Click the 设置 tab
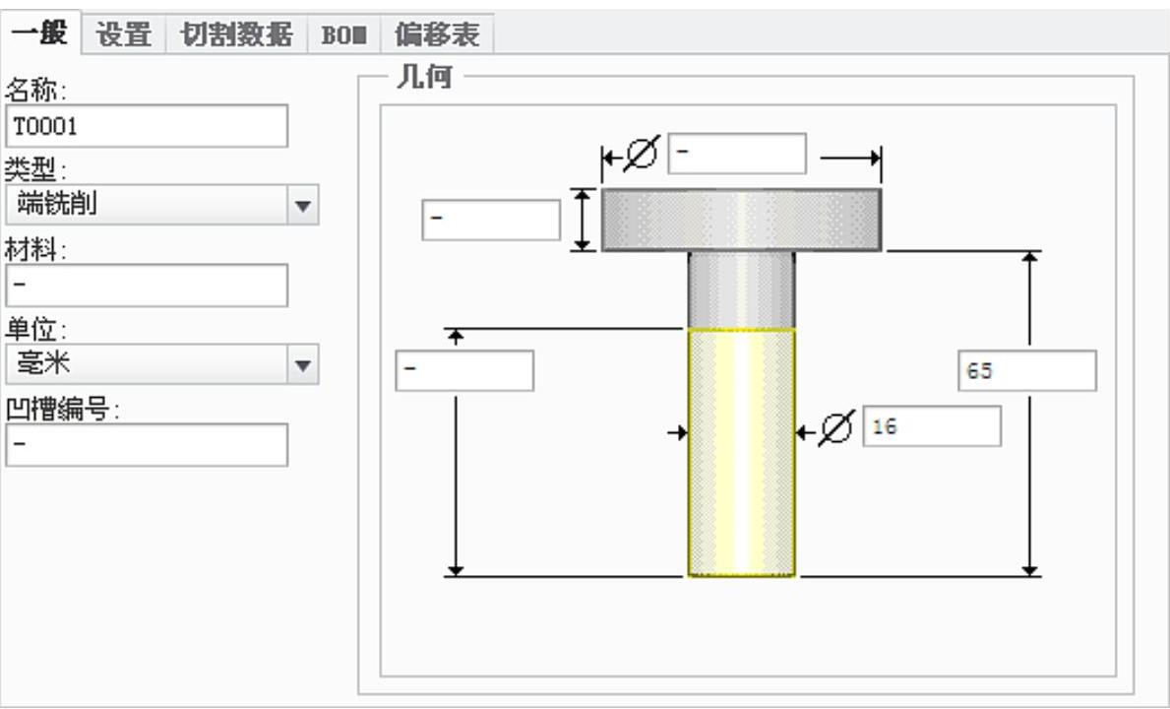[x=124, y=34]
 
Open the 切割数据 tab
[x=236, y=34]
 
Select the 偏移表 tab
[x=437, y=34]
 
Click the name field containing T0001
[x=147, y=126]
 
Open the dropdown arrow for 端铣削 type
[x=303, y=206]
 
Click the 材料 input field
[x=147, y=286]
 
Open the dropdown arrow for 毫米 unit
[x=303, y=365]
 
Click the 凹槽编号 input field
[x=147, y=445]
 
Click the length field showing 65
[x=1026, y=371]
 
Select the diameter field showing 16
[x=932, y=426]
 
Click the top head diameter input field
[x=737, y=154]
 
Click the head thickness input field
[x=491, y=220]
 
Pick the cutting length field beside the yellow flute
[x=464, y=371]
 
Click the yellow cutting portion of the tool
[x=741, y=453]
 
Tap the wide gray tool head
[x=741, y=220]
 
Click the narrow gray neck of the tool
[x=741, y=289]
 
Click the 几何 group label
[x=423, y=78]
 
